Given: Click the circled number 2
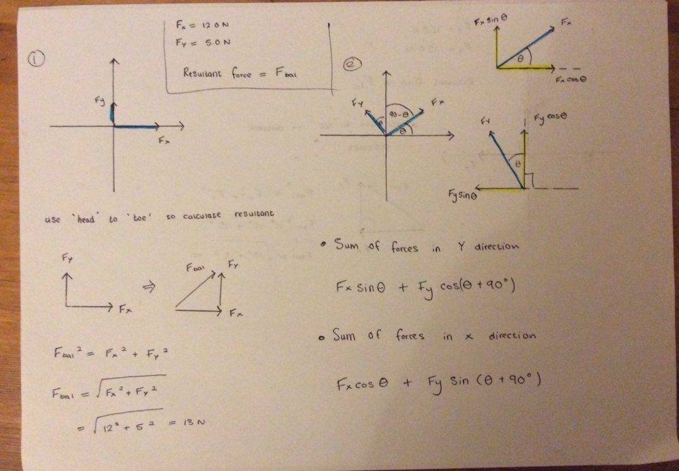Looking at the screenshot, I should coord(352,64).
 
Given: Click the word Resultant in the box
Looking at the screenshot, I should coord(200,72).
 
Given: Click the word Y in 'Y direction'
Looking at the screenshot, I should coord(461,246).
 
